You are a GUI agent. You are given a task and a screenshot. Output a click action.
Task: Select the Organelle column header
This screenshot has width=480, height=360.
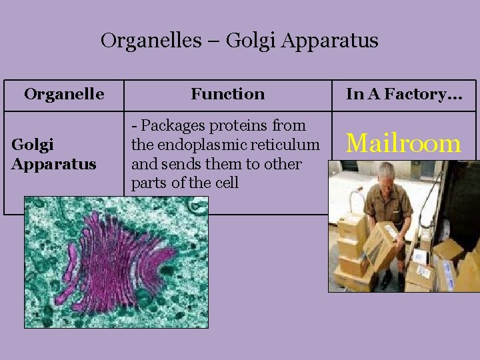point(64,95)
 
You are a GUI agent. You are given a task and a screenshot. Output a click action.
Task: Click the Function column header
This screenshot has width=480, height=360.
point(227,95)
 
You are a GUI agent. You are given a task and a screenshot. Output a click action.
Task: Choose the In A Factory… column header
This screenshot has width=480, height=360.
point(403,95)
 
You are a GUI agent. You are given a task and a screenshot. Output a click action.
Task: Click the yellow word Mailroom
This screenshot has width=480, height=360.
point(404,143)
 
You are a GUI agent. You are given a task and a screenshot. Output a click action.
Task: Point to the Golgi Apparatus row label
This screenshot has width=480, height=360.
point(53,155)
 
